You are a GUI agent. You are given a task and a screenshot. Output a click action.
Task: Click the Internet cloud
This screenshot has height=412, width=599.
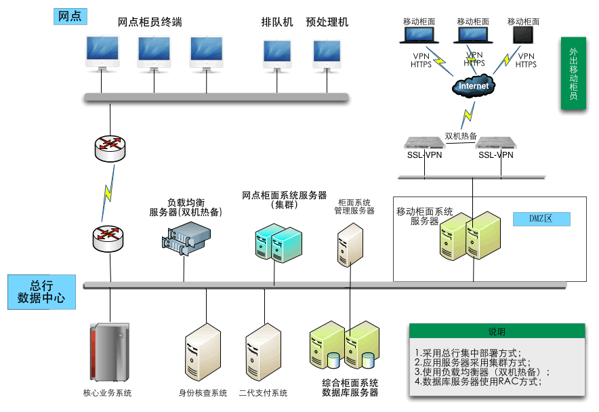tap(474, 85)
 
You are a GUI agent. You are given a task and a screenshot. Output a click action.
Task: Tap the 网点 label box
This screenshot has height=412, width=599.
tap(70, 16)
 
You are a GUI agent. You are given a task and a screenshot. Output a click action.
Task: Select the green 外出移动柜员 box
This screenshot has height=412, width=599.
tap(573, 74)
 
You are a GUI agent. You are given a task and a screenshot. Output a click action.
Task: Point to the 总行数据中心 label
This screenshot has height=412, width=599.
tap(41, 292)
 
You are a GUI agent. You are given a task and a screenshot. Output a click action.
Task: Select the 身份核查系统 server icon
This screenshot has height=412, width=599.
tap(203, 352)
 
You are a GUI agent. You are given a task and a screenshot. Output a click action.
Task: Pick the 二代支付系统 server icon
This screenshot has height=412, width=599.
tap(263, 352)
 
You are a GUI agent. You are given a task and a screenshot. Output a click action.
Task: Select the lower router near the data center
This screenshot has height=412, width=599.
tap(108, 238)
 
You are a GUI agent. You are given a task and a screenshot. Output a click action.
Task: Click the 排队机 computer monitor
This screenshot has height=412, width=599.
tap(278, 54)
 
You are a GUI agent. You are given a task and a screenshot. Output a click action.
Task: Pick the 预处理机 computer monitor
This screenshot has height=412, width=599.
tap(327, 54)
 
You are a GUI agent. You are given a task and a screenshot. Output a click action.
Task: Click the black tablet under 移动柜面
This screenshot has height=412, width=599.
tap(523, 35)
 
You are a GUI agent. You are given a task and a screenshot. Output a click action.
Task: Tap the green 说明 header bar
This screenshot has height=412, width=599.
tap(497, 331)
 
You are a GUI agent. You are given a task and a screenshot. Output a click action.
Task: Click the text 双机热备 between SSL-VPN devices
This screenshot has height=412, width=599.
tap(461, 136)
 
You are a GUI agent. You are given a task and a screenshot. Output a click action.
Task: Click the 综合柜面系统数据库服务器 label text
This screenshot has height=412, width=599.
tap(350, 388)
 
